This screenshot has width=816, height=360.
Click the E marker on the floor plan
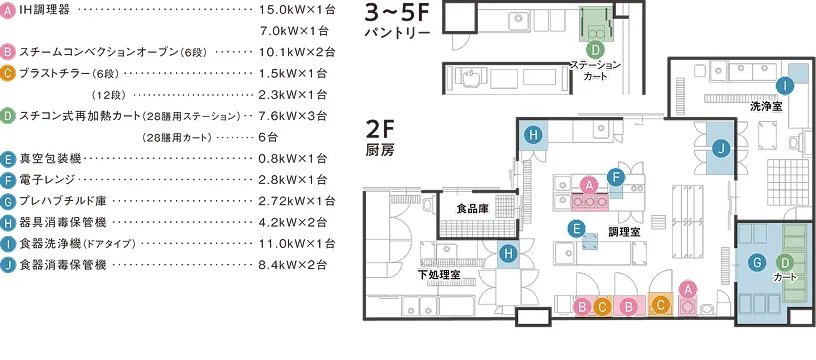tap(575, 228)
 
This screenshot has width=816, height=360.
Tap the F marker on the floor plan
tap(616, 177)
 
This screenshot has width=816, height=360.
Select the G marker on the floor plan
tap(756, 263)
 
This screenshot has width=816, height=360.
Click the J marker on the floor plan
tap(721, 149)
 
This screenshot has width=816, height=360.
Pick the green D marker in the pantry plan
tap(595, 50)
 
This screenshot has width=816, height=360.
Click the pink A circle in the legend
tap(8, 10)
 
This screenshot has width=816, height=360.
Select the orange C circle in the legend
tap(8, 73)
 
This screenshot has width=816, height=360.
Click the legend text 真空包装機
tap(51, 158)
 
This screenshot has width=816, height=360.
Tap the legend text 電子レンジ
tap(47, 179)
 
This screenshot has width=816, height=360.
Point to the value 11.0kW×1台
tap(292, 243)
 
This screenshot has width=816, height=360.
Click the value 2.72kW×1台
tap(292, 201)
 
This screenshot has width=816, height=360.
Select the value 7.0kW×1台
tap(295, 31)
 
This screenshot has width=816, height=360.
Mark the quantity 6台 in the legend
tap(268, 137)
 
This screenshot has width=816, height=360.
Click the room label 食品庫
tap(472, 209)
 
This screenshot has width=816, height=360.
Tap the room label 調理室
tap(624, 232)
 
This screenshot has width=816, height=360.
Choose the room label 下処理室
tap(439, 275)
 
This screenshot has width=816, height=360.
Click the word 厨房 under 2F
tap(380, 151)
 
